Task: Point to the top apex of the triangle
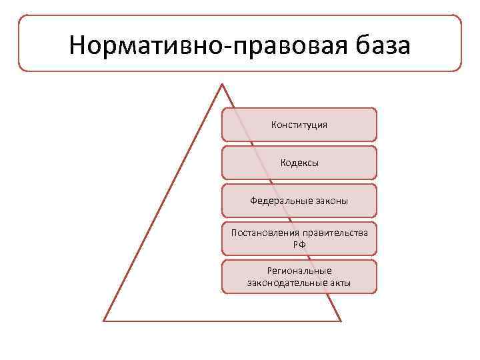coord(222,85)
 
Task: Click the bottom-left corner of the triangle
coord(105,320)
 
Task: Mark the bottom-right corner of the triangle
coord(340,320)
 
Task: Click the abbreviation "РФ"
coord(299,245)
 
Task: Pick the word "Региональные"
coord(299,271)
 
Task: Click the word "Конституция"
coord(299,125)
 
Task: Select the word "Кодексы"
coord(299,163)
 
